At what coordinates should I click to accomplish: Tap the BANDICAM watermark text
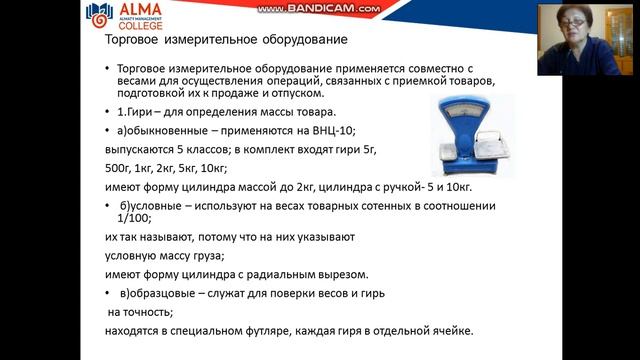(x=319, y=9)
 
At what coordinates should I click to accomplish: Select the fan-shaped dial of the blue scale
(x=466, y=113)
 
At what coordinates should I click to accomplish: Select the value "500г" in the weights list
(x=118, y=168)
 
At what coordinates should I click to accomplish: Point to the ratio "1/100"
(x=133, y=218)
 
